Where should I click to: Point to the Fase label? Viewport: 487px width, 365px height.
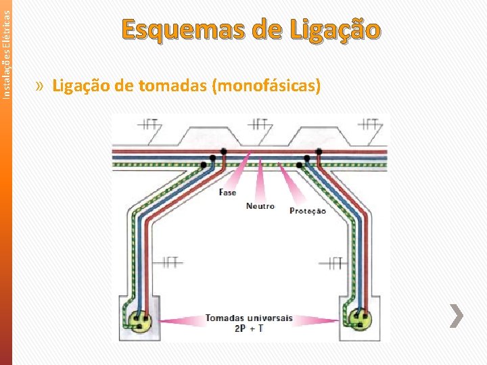228,193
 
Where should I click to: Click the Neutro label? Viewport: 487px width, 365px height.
260,206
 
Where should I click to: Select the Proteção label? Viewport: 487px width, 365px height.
308,211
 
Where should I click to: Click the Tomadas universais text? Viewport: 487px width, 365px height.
249,318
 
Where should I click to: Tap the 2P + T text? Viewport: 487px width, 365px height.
249,328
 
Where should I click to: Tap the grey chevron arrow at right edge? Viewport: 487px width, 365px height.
457,315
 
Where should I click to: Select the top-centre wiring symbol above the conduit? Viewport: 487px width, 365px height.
259,124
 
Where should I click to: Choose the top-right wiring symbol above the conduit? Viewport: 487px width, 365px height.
369,124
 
